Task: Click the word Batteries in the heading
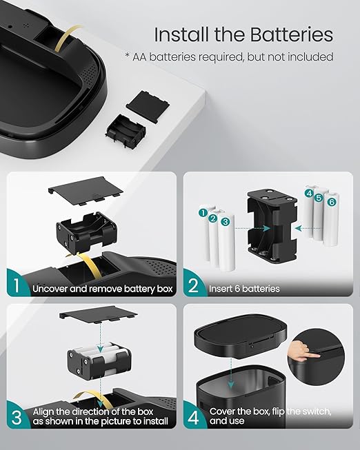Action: (291, 34)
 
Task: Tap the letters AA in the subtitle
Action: (139, 57)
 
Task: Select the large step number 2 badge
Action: (193, 285)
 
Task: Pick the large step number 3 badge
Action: (17, 417)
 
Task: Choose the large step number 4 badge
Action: (193, 418)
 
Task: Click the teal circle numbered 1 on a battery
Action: (203, 213)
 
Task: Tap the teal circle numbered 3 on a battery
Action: (226, 222)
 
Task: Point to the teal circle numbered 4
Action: (309, 193)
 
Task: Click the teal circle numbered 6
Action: (332, 202)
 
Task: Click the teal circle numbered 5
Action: (319, 198)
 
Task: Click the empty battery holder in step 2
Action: (272, 226)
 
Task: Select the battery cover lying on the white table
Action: (148, 107)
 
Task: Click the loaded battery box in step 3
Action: (99, 359)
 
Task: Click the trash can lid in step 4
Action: (241, 336)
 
